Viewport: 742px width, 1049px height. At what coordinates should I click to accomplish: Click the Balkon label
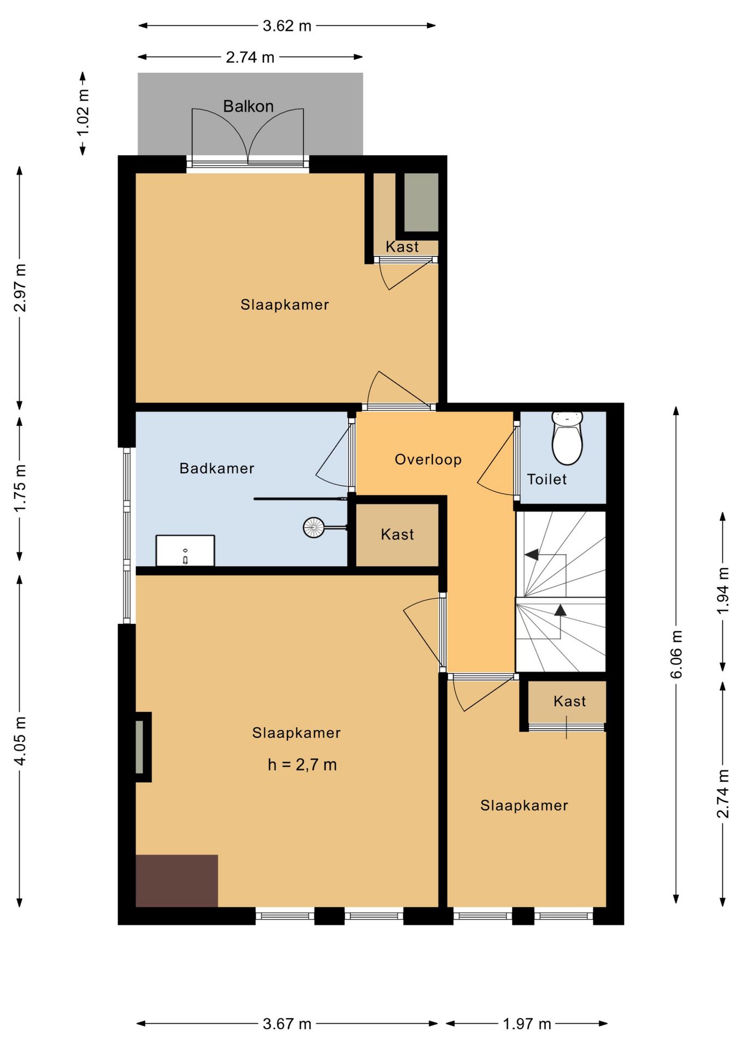click(x=248, y=106)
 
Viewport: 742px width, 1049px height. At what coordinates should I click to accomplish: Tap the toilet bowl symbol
click(x=567, y=438)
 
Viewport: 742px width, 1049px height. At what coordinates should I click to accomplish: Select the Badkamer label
click(x=217, y=468)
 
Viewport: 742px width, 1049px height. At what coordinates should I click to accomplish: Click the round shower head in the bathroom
click(x=314, y=528)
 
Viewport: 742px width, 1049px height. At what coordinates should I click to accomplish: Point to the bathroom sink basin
click(x=185, y=551)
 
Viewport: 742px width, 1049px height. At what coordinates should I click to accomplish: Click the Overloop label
click(x=428, y=459)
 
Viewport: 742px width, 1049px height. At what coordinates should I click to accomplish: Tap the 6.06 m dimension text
click(x=676, y=655)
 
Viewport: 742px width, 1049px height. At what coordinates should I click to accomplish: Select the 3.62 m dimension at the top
click(x=287, y=26)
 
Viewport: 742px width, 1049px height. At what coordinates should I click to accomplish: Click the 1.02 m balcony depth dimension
click(x=83, y=113)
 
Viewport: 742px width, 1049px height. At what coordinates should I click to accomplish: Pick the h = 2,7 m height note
click(x=302, y=765)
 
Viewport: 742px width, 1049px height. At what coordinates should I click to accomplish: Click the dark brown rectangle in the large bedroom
click(x=176, y=880)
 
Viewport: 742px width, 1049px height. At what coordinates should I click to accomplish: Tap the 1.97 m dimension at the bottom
click(x=527, y=1024)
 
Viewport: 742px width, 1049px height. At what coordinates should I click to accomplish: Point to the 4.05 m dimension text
click(x=20, y=741)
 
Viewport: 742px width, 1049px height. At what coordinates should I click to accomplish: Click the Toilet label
click(x=546, y=479)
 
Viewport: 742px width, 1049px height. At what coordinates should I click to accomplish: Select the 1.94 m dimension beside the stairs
click(x=723, y=591)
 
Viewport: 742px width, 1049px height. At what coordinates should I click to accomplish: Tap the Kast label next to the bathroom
click(x=397, y=534)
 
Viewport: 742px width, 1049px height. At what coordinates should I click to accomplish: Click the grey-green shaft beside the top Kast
click(x=421, y=203)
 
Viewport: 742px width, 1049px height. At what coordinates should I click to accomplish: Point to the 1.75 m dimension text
click(x=20, y=488)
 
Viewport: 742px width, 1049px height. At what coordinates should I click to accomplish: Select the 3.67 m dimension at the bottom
click(x=287, y=1024)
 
